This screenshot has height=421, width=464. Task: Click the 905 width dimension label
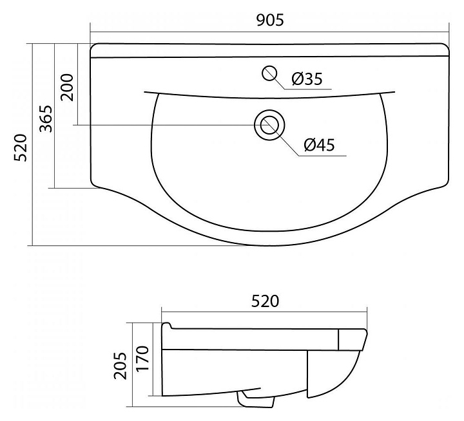(270, 19)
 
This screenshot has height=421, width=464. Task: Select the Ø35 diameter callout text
(306, 79)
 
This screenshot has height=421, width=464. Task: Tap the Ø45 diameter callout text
(319, 145)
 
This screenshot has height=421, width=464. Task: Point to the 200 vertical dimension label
(68, 88)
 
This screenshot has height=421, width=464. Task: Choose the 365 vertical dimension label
(45, 118)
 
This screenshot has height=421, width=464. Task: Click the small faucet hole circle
(270, 72)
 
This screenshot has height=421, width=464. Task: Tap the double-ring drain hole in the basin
(269, 124)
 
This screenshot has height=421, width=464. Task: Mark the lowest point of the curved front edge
(269, 245)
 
